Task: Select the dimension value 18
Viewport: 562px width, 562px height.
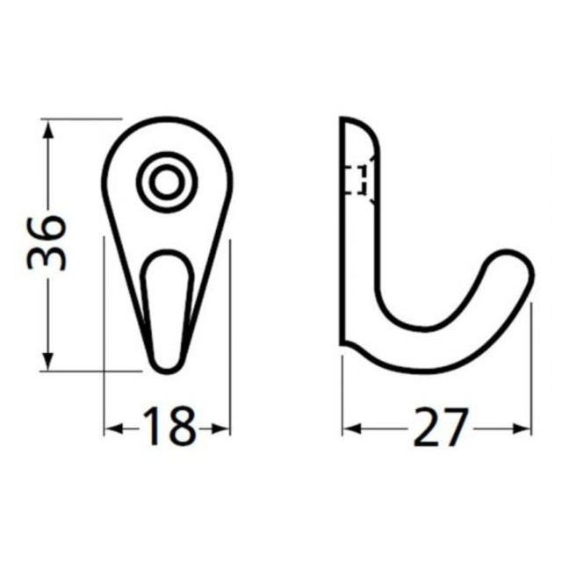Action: (167, 428)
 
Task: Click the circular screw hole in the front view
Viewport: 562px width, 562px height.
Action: (165, 183)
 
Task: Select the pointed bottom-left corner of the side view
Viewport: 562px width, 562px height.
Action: (344, 345)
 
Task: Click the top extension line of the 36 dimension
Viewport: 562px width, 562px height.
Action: (83, 118)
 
